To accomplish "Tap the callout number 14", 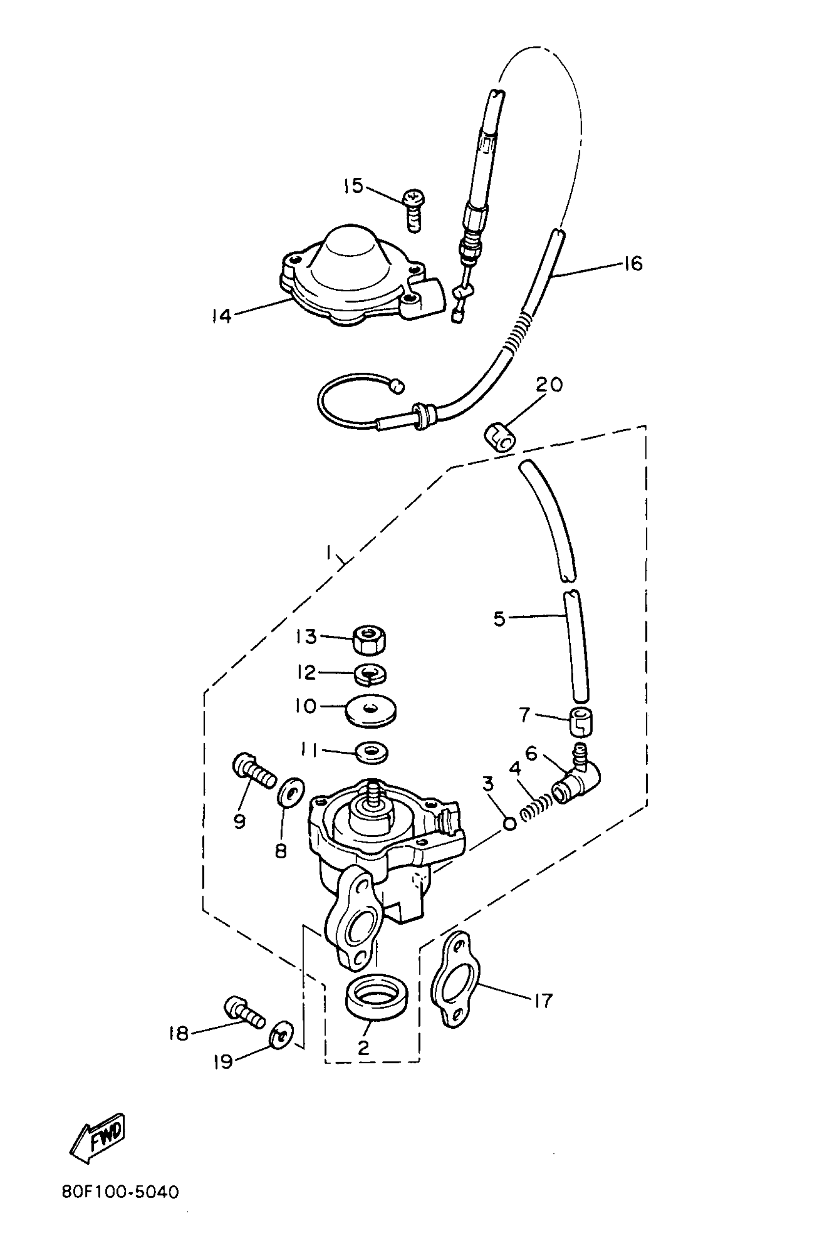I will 221,316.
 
